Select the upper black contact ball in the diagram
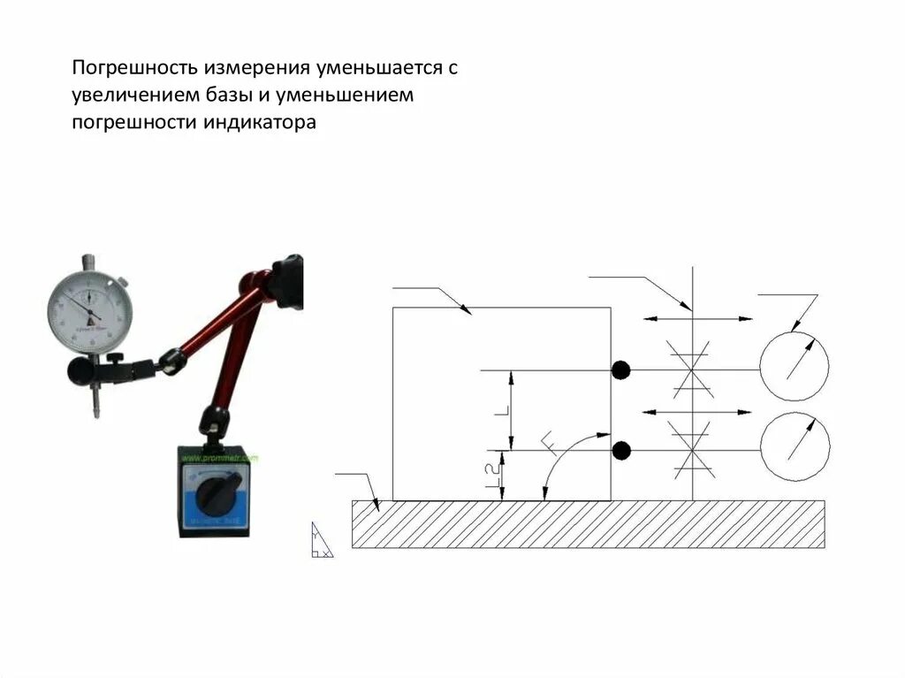tap(621, 370)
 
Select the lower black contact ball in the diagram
tap(621, 451)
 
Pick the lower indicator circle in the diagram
tap(795, 446)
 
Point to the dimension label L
tap(500, 412)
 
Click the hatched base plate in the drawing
tap(588, 524)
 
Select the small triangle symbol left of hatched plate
tap(321, 541)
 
